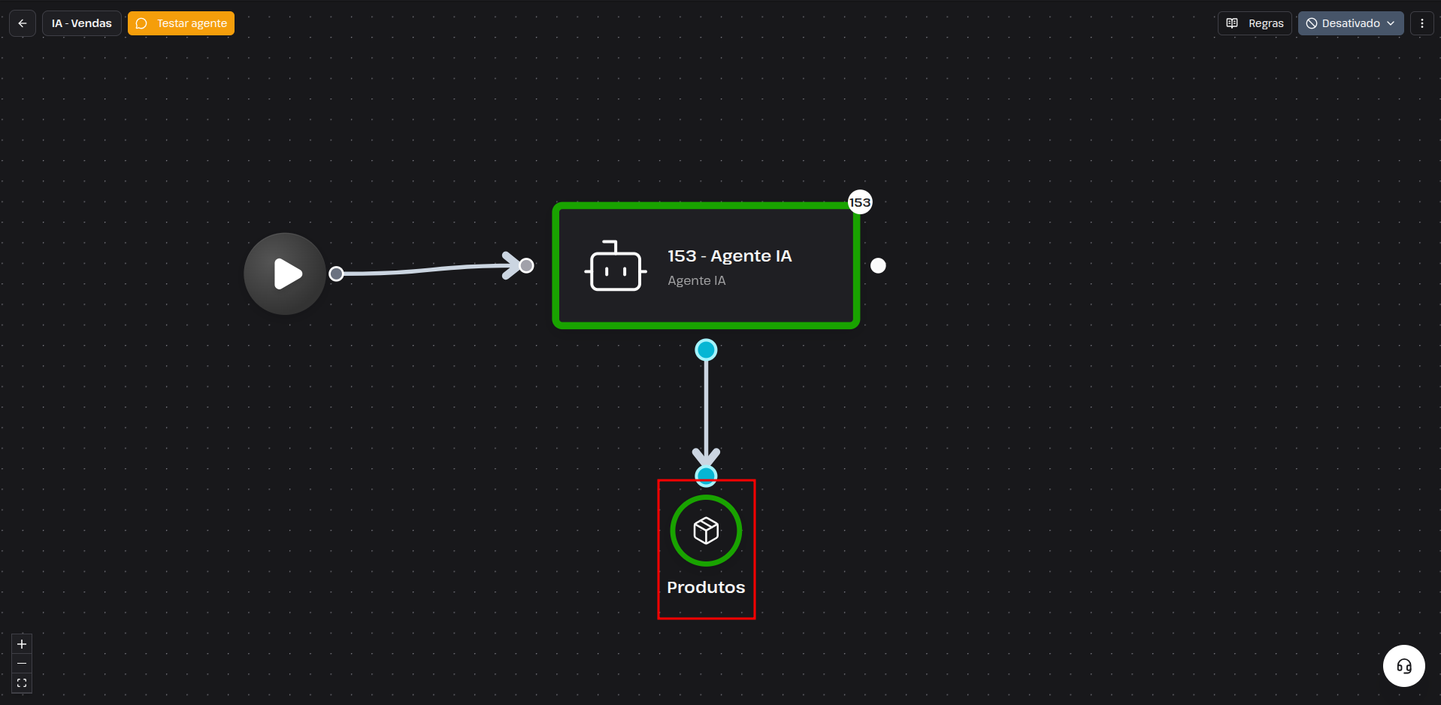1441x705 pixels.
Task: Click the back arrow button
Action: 23,23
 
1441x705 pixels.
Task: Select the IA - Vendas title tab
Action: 81,23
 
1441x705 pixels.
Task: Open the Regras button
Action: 1255,23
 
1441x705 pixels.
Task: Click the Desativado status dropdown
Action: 1350,23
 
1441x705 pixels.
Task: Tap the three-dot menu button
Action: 1421,23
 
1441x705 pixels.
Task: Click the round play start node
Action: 285,274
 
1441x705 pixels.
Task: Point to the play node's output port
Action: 337,274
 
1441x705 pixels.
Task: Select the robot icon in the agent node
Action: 616,266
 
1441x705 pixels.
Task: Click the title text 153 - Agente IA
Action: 729,256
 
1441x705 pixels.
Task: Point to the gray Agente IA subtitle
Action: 697,280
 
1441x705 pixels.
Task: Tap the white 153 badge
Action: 860,202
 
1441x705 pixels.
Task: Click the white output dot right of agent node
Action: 878,265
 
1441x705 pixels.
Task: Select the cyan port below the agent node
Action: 706,349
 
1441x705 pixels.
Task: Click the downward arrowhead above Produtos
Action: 706,458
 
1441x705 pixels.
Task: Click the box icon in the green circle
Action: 706,531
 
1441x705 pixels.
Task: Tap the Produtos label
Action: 706,587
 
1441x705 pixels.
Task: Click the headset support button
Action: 1404,666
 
